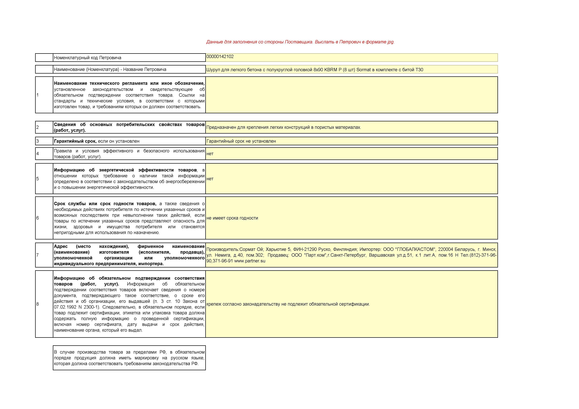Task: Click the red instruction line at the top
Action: click(300, 42)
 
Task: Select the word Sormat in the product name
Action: click(363, 70)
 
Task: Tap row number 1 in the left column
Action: click(38, 95)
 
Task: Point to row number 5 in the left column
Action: click(38, 179)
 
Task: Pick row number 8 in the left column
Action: click(38, 304)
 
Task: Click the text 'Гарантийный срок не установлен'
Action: click(241, 141)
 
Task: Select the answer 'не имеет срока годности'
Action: click(232, 218)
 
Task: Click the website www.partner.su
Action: click(250, 261)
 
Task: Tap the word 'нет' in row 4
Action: click(210, 154)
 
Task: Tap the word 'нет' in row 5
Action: click(210, 179)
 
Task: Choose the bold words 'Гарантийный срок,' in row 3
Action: click(75, 141)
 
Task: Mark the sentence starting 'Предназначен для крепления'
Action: click(283, 127)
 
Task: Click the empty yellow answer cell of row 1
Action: click(351, 95)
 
